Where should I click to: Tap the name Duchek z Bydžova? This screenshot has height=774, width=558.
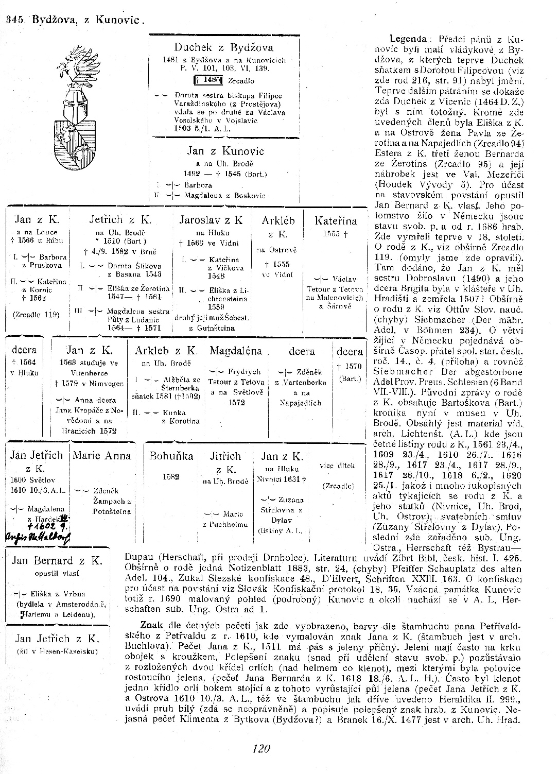[223, 48]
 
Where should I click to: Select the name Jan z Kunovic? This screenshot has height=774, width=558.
[225, 151]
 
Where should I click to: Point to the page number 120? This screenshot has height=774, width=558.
[261, 748]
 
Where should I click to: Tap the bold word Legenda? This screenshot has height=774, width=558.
[408, 39]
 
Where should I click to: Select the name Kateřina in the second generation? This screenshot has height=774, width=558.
[336, 221]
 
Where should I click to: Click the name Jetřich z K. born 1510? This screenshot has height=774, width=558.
[120, 220]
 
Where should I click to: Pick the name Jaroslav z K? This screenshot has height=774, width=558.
[211, 220]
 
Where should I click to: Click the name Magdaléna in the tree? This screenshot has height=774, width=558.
[235, 351]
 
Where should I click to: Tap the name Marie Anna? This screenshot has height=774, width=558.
[102, 456]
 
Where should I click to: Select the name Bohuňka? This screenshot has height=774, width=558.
[171, 456]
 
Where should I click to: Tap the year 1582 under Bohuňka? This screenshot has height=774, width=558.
[171, 476]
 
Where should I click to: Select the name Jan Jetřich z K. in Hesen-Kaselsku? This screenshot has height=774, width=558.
[57, 639]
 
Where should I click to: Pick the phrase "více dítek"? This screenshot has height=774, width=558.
[337, 466]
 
